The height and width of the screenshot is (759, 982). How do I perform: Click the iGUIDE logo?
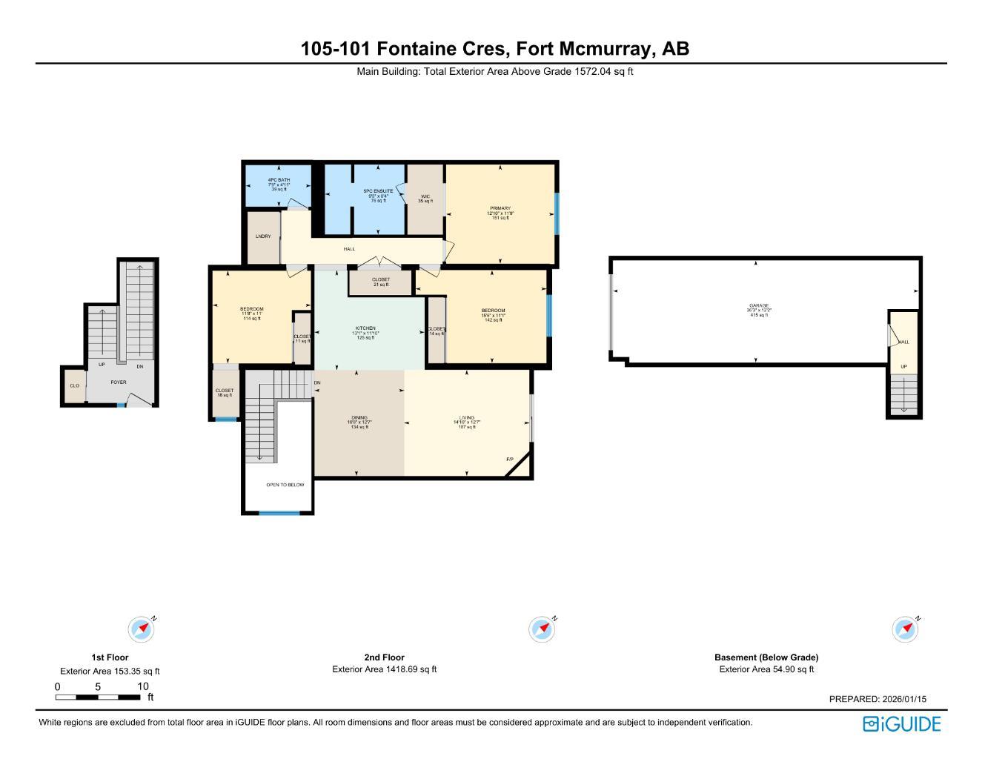[901, 724]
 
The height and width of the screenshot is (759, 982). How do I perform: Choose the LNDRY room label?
[263, 236]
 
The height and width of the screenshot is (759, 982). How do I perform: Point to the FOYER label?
[119, 382]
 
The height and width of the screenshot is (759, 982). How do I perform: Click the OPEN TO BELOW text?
[285, 485]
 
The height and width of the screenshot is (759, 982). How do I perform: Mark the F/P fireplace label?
[510, 460]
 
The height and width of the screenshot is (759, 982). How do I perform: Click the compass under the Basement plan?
[905, 629]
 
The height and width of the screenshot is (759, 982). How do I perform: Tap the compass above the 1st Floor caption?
[141, 629]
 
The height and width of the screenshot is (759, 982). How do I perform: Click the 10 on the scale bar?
[143, 686]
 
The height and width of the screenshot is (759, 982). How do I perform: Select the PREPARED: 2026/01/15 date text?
[878, 699]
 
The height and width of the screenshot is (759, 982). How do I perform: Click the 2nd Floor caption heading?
[384, 657]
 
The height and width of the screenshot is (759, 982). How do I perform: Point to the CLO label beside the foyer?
[74, 386]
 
